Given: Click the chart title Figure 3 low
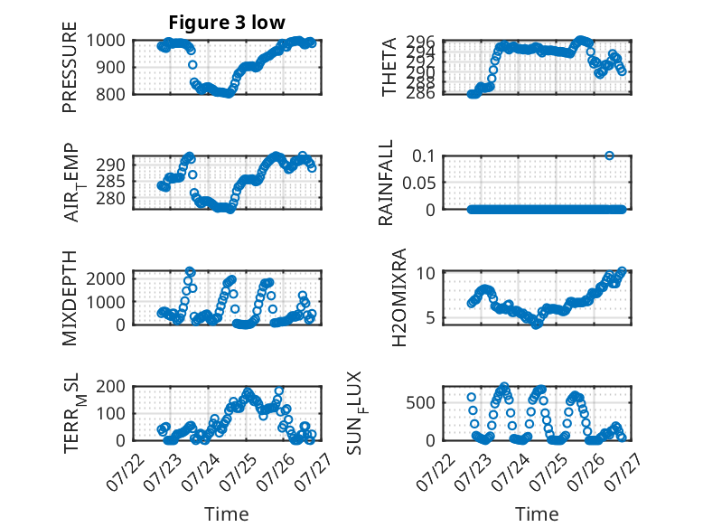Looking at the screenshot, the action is [227, 22].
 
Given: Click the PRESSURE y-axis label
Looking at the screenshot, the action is [70, 67].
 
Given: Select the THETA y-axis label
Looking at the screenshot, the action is [389, 67].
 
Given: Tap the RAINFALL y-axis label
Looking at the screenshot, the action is [386, 183].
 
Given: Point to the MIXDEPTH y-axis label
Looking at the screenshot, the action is [70, 297].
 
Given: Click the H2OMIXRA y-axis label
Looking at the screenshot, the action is [398, 297].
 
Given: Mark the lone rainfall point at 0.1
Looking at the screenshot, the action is [609, 155].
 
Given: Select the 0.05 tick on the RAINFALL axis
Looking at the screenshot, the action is [418, 183].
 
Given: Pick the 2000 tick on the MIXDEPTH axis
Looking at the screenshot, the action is [106, 278].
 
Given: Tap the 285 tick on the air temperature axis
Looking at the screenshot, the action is [110, 182].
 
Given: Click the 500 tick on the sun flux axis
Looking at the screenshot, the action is [420, 403].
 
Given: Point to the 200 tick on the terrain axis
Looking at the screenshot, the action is [110, 386].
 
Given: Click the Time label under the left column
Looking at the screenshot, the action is [227, 514].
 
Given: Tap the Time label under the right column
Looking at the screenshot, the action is [537, 514].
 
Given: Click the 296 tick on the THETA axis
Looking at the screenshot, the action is [420, 42].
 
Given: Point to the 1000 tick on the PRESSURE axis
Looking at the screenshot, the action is [106, 41].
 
